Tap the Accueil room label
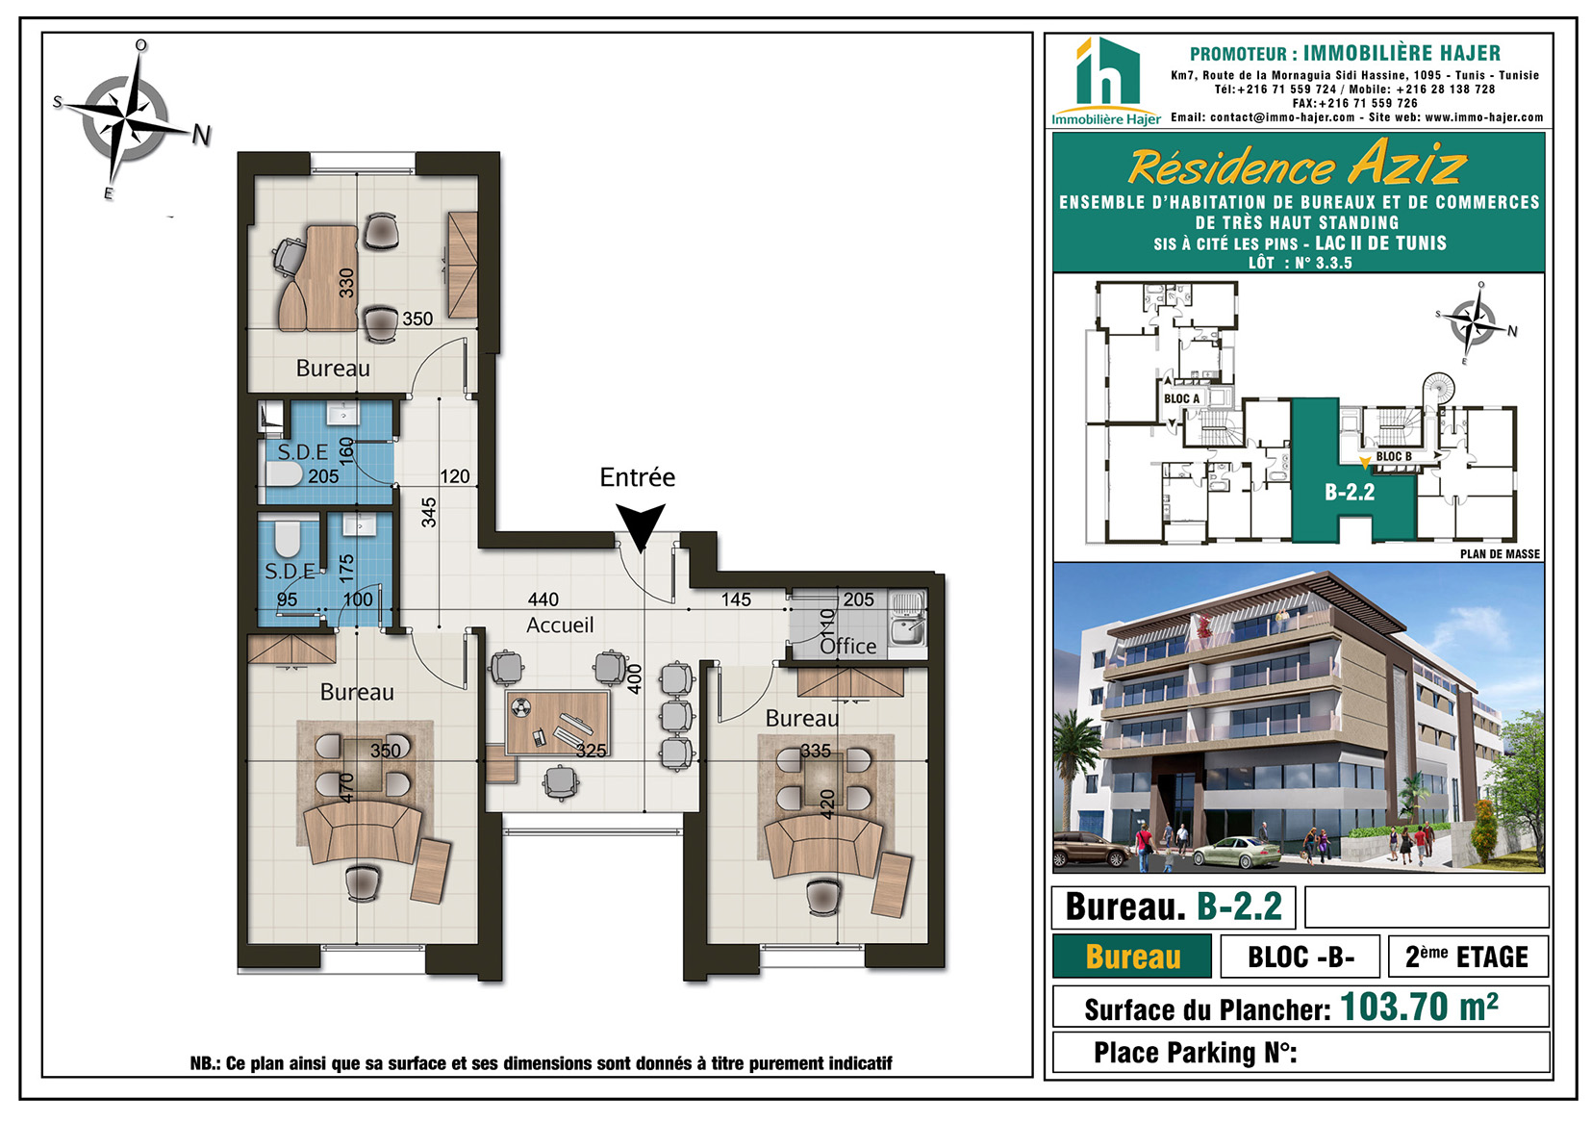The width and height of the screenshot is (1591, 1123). [x=560, y=625]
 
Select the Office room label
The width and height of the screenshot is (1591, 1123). [x=848, y=646]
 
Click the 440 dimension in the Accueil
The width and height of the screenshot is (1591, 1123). [x=543, y=600]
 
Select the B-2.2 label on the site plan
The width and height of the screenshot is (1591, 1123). [x=1350, y=492]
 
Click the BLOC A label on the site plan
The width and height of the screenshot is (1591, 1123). [x=1181, y=398]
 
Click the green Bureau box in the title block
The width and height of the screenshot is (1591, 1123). [x=1132, y=957]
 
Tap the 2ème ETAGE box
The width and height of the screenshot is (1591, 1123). [x=1467, y=957]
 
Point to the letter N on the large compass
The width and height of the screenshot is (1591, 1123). [x=202, y=135]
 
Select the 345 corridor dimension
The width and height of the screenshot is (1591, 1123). [x=428, y=513]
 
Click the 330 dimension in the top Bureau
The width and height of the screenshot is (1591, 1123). [x=346, y=283]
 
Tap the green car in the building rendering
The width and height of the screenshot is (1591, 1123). [x=1237, y=853]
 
